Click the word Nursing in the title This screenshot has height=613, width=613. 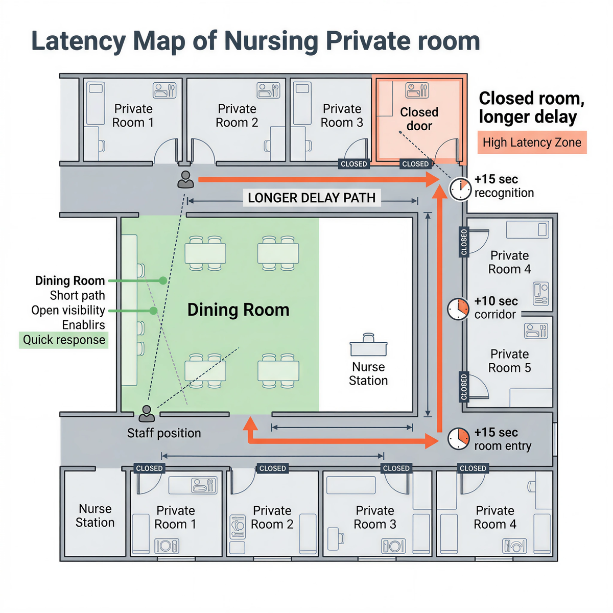tap(271, 41)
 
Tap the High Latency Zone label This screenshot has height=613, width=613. tap(532, 142)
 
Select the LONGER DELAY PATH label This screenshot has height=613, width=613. tap(312, 198)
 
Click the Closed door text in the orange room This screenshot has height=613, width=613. tap(419, 119)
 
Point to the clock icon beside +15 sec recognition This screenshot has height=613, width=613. tap(460, 189)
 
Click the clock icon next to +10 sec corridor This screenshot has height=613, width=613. tap(458, 309)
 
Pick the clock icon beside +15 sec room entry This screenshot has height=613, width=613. tap(458, 438)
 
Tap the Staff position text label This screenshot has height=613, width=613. tap(164, 433)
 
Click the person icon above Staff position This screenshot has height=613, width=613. tap(147, 414)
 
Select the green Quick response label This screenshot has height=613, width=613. tap(64, 340)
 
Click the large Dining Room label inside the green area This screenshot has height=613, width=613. tap(238, 310)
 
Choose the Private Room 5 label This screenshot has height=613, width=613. tap(509, 361)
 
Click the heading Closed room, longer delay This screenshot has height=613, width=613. tap(532, 107)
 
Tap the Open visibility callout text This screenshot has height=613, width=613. tap(68, 310)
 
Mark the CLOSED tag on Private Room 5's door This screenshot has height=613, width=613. tap(464, 387)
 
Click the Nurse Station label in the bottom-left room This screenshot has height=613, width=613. tap(95, 515)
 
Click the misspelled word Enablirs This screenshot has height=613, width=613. tap(83, 325)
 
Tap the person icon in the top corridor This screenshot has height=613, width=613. tap(185, 180)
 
